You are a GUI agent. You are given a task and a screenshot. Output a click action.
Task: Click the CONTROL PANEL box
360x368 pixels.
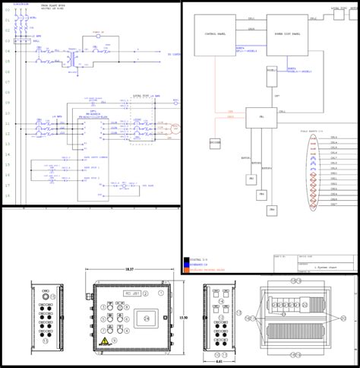coord(216,34)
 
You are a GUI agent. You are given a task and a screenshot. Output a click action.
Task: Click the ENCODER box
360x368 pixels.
coord(216,141)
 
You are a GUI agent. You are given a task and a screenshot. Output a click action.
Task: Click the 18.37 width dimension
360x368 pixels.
coord(128,270)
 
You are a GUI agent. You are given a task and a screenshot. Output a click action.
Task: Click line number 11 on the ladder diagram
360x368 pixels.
coord(8,123)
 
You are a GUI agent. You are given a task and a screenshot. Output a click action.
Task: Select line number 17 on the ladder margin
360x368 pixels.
coord(8,184)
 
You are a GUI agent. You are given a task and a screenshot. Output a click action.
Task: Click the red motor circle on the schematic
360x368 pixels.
coord(175,130)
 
